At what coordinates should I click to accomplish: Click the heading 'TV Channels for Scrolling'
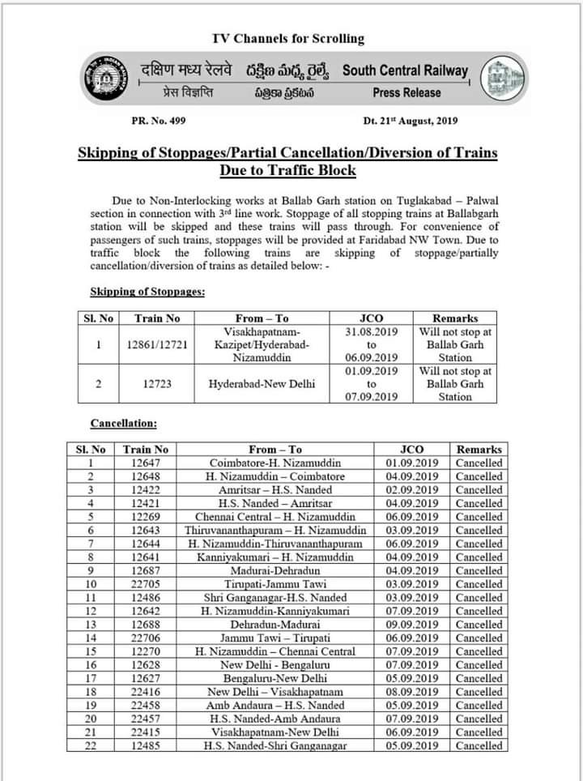pos(287,38)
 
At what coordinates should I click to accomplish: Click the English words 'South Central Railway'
pos(405,70)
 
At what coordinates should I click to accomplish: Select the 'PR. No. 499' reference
pos(159,121)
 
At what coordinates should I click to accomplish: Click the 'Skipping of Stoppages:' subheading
pos(147,290)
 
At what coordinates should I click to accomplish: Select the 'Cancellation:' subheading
pos(123,423)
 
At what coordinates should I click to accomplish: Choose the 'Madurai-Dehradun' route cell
pos(274,570)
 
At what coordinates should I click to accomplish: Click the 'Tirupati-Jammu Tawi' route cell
pos(274,583)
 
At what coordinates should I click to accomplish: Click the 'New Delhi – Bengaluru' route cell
pos(274,664)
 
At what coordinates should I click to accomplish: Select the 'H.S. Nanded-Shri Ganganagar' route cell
pos(274,745)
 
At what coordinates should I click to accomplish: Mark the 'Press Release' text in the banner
pos(406,93)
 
